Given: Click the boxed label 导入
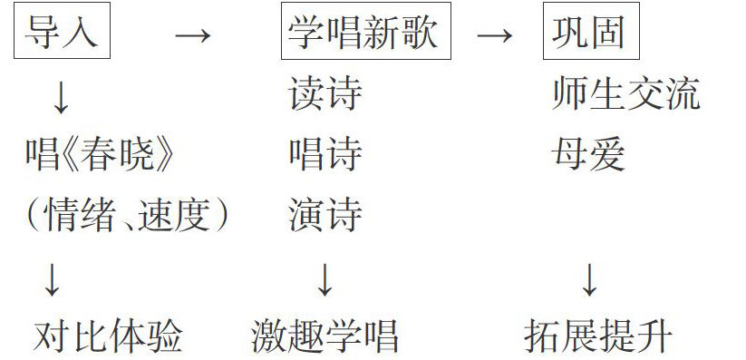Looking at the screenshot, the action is pos(62,31).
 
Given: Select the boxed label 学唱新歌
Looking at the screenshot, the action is pos(366,31).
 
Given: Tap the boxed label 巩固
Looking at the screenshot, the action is pos(591,31).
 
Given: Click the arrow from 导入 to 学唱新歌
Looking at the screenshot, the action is pos(193,34).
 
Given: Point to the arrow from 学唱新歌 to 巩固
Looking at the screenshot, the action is pos(494,34).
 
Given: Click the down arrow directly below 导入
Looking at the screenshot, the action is pos(61,98).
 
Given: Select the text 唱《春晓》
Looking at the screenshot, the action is pos(101,154).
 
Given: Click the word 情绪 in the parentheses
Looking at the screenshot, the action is pos(79,215).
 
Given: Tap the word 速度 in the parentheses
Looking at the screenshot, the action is pos(174,215).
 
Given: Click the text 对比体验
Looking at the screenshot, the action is pos(108,336).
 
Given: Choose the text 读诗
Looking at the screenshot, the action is pos(325,93).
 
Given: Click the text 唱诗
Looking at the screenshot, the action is pos(325,154).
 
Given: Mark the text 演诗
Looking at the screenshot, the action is pos(325,215).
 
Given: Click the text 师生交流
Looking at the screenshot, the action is pos(626,93).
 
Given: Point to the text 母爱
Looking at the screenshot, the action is pos(588,154).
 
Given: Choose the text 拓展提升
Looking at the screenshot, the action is pos(598,336).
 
